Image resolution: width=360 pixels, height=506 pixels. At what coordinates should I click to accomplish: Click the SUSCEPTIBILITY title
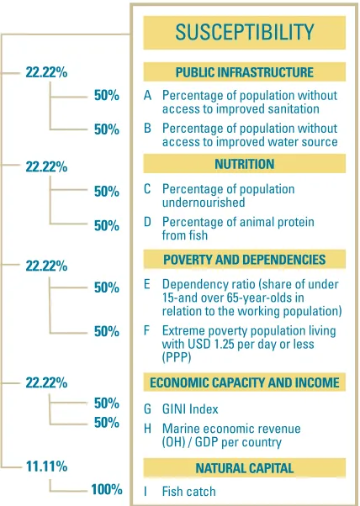tap(245, 32)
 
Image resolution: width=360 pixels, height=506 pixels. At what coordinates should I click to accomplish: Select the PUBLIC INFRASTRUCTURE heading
tap(245, 72)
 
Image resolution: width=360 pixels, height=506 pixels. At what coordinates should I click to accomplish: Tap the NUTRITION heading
tap(245, 164)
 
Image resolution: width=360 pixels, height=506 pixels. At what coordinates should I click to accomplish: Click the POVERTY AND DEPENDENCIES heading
tap(245, 260)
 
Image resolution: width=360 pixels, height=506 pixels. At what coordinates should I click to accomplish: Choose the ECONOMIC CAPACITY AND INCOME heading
tap(245, 382)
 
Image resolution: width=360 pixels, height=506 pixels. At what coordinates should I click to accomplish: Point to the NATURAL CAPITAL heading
tap(245, 468)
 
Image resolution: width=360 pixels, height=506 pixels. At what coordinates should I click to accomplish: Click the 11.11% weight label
tap(46, 466)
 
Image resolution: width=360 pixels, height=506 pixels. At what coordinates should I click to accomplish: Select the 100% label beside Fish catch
tap(107, 489)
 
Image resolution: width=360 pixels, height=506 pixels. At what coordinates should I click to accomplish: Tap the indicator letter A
tap(147, 96)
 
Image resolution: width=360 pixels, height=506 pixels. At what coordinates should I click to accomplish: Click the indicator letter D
tap(147, 222)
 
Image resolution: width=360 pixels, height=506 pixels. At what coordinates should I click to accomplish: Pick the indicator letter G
tap(147, 408)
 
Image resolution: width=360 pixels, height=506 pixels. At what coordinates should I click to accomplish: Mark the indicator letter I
tap(146, 492)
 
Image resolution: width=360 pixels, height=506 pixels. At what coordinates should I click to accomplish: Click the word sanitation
tap(289, 109)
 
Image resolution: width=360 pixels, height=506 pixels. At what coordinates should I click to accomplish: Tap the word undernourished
tap(204, 203)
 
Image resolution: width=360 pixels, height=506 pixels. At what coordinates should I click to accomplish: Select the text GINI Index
tap(190, 408)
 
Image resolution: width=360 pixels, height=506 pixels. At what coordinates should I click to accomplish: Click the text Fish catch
tap(189, 492)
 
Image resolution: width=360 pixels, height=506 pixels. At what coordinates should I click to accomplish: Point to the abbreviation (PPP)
tap(177, 357)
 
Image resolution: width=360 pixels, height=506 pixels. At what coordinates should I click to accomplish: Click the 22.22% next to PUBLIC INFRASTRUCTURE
tap(46, 72)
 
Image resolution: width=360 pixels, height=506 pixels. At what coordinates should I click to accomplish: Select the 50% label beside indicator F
tap(107, 331)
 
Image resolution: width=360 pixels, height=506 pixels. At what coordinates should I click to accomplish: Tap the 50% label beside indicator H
tap(107, 423)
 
